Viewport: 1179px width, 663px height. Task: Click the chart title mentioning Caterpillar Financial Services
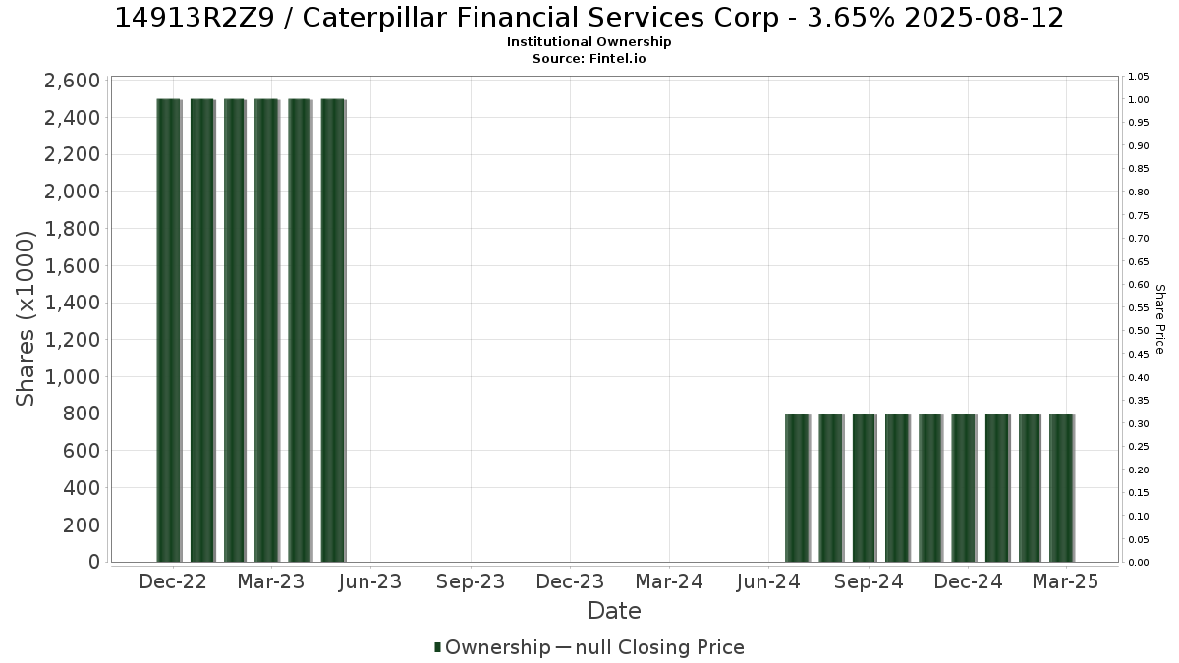589,18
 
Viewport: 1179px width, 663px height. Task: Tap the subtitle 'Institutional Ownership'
589,42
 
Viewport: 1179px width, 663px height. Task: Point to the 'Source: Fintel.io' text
589,58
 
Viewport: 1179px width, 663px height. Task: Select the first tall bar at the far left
169,330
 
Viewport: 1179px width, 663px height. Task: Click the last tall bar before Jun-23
333,330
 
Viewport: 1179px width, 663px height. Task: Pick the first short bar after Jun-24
798,488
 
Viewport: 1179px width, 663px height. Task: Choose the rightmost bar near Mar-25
1062,488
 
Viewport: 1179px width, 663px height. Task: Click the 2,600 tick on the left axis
72,81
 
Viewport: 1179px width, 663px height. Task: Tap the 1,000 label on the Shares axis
72,377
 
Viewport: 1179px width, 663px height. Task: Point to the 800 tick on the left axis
81,414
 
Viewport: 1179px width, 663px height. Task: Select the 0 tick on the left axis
94,562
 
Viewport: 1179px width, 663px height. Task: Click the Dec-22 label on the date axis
173,581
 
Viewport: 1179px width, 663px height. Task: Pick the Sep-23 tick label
471,581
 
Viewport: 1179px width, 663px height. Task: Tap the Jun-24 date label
768,581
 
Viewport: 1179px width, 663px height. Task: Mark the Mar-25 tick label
1065,581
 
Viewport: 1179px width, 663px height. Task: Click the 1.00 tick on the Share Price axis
1138,100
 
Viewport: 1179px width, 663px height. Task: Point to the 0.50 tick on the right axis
1138,331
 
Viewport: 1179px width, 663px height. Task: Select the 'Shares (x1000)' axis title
25,318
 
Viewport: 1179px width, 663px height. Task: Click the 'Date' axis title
614,611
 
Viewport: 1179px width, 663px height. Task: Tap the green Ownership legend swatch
437,647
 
